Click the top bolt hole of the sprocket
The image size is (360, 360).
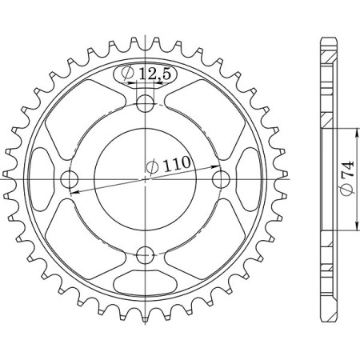[146, 102]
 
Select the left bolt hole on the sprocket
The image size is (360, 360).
[69, 178]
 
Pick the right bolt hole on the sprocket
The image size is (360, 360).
[222, 178]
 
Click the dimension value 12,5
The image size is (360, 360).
[154, 74]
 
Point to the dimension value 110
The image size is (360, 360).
[178, 165]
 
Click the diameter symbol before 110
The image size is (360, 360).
[152, 168]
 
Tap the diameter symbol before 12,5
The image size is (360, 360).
[128, 74]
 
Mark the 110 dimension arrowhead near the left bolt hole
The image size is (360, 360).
[74, 192]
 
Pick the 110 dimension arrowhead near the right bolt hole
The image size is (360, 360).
[217, 166]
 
